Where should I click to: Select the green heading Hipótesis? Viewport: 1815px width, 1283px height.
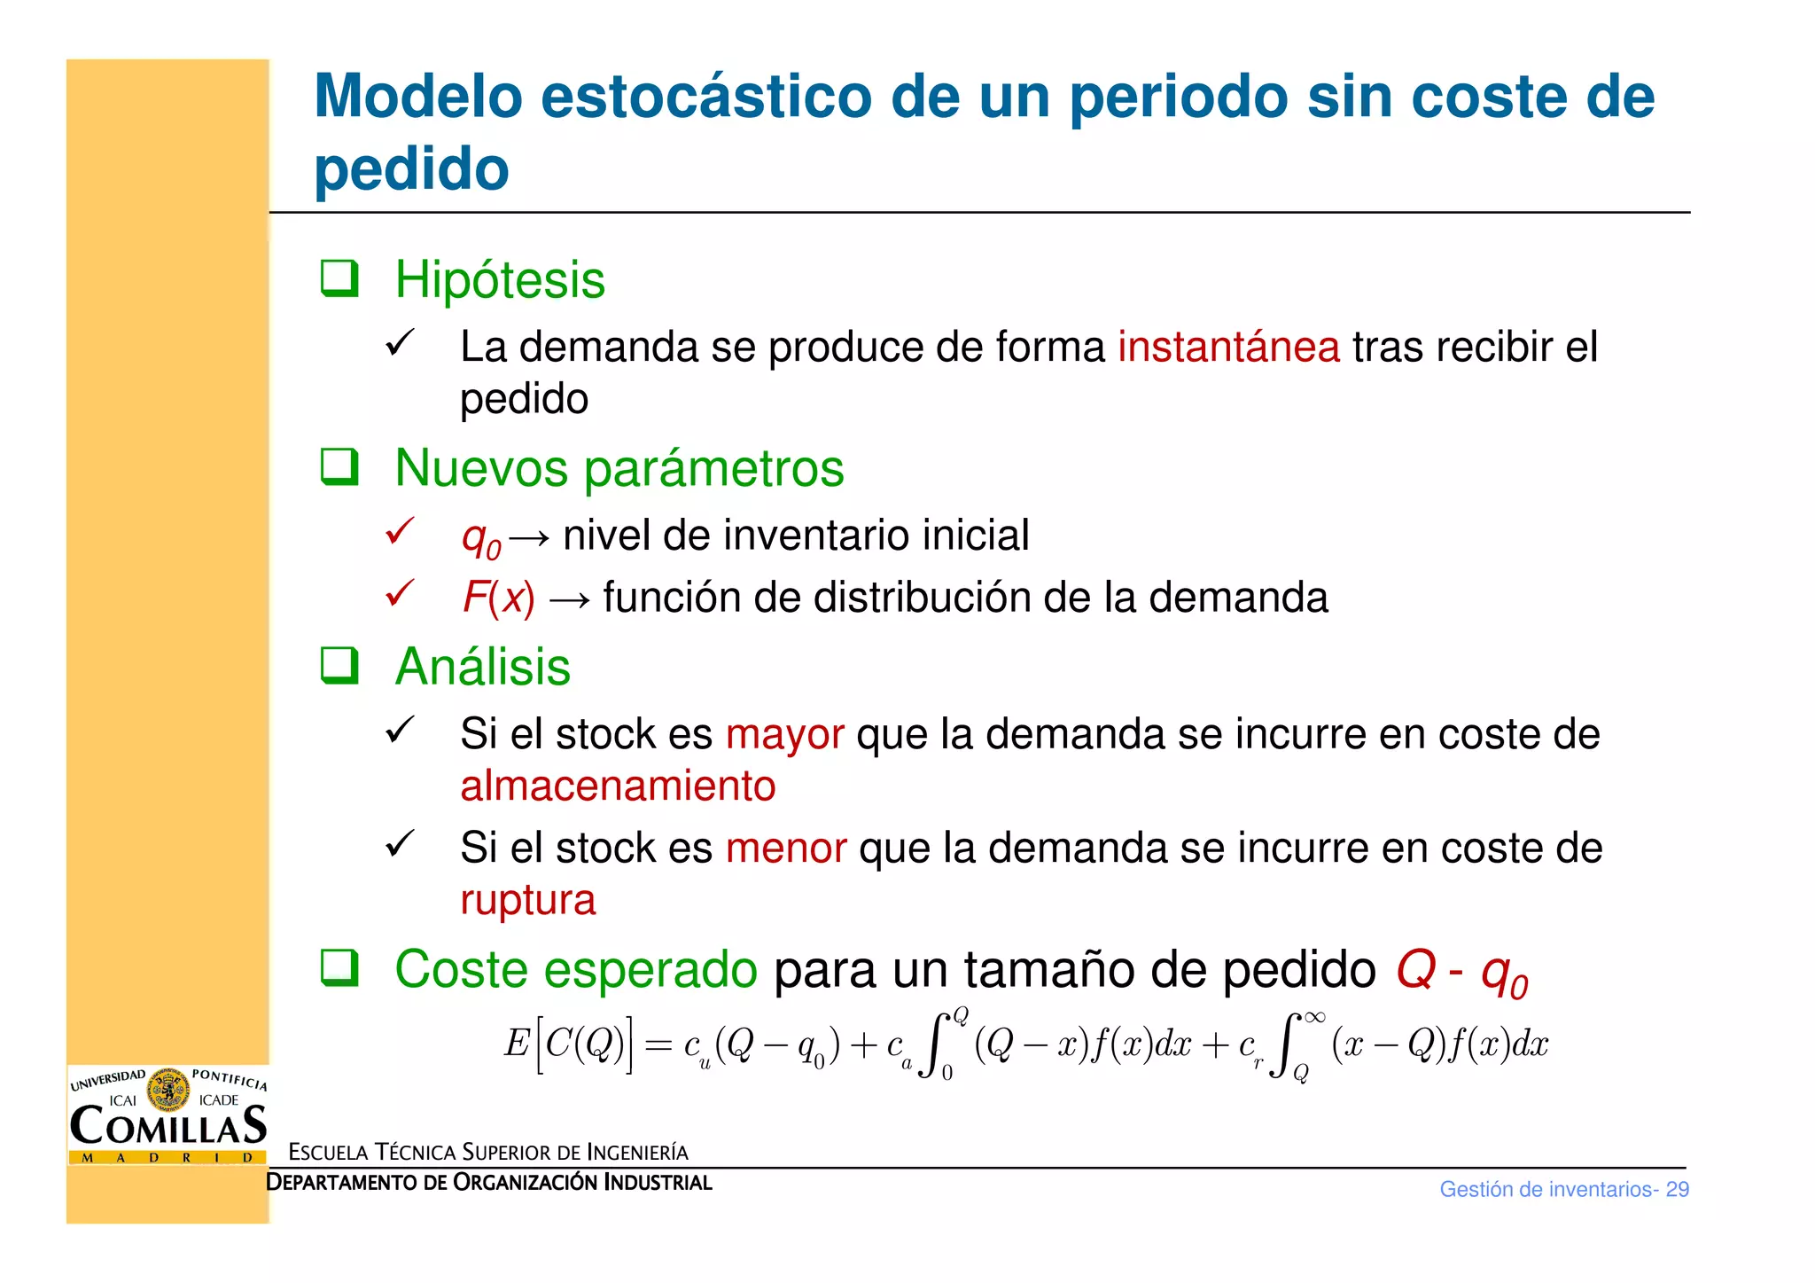[500, 280]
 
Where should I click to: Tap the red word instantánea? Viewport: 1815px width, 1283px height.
[1228, 347]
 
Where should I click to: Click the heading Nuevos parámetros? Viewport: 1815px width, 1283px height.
[619, 468]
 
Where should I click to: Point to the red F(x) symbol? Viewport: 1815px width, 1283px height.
[498, 598]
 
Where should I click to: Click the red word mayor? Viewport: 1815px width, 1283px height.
[784, 734]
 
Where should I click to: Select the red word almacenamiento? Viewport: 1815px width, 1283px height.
[618, 786]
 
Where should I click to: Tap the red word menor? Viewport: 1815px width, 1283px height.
[785, 849]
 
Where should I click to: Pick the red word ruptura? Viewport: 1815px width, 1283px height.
[527, 900]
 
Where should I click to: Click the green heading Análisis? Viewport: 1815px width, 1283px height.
[482, 667]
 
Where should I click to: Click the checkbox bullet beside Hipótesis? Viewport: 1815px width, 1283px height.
[339, 278]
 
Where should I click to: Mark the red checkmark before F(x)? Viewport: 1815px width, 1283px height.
[400, 593]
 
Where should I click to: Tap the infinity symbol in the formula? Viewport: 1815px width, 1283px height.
[1314, 1018]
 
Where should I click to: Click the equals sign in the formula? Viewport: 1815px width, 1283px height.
[658, 1045]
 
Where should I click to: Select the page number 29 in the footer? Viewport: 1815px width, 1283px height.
[1677, 1189]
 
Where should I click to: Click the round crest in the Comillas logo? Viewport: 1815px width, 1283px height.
[167, 1090]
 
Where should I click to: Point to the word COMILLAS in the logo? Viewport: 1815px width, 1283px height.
[167, 1126]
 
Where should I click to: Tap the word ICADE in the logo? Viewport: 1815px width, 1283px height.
[219, 1100]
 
